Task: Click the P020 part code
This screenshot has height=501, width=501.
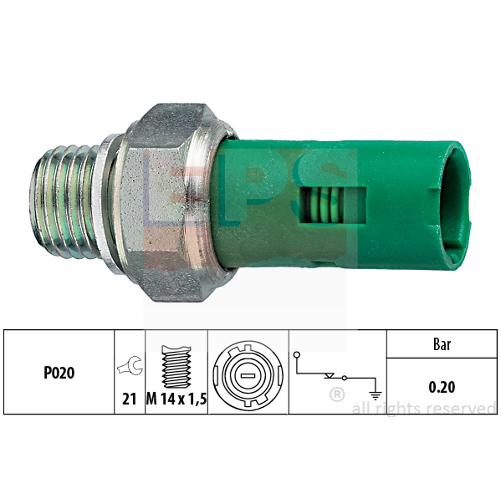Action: point(59,373)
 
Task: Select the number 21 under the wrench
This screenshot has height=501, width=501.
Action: point(129,399)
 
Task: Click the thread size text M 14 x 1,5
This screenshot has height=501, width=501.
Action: point(176,399)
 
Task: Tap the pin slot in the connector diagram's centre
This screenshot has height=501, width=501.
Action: point(248,376)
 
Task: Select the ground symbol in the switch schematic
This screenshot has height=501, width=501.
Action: point(376,395)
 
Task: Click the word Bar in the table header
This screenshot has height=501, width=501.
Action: point(442,344)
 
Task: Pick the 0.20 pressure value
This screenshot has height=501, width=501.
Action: point(442,387)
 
